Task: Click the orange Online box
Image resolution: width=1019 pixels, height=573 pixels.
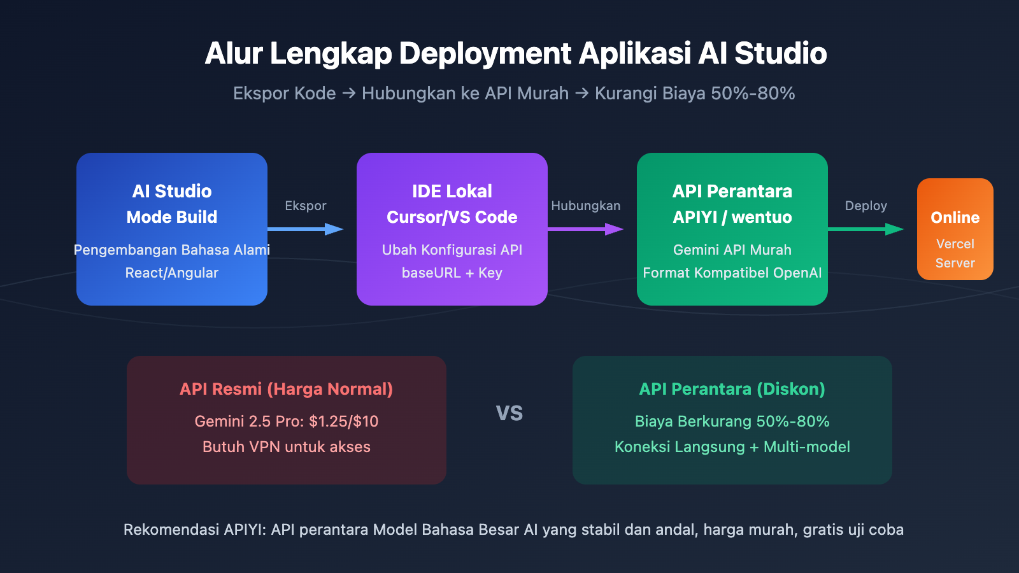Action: [x=955, y=229]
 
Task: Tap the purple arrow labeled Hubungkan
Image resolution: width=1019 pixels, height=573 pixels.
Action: [x=585, y=229]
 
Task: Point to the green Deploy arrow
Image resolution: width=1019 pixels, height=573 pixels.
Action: [x=866, y=229]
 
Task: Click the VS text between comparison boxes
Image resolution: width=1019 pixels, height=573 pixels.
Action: [x=509, y=413]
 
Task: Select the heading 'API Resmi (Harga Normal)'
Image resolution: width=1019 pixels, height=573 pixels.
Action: [x=286, y=389]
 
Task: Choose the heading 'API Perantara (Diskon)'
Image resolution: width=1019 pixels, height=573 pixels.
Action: [x=732, y=389]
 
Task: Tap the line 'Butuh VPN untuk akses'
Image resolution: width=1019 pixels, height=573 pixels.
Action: [x=286, y=447]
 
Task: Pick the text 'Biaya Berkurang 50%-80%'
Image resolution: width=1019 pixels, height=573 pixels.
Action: [x=732, y=421]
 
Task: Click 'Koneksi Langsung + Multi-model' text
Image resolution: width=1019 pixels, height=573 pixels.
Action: [x=732, y=447]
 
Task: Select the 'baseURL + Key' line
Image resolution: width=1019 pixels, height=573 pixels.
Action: [x=452, y=273]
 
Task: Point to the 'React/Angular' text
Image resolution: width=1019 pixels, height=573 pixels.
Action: [x=171, y=273]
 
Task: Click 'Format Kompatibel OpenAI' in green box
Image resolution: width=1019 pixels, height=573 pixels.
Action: [x=732, y=273]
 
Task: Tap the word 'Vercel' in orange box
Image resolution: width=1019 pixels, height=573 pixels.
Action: [x=955, y=244]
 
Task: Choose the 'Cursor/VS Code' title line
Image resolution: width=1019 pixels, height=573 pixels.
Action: [x=452, y=217]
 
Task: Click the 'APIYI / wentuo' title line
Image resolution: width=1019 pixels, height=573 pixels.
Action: [x=732, y=217]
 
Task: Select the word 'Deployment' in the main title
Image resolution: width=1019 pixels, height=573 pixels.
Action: [x=485, y=53]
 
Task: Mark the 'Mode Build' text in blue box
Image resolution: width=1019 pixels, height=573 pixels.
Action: [x=171, y=217]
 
